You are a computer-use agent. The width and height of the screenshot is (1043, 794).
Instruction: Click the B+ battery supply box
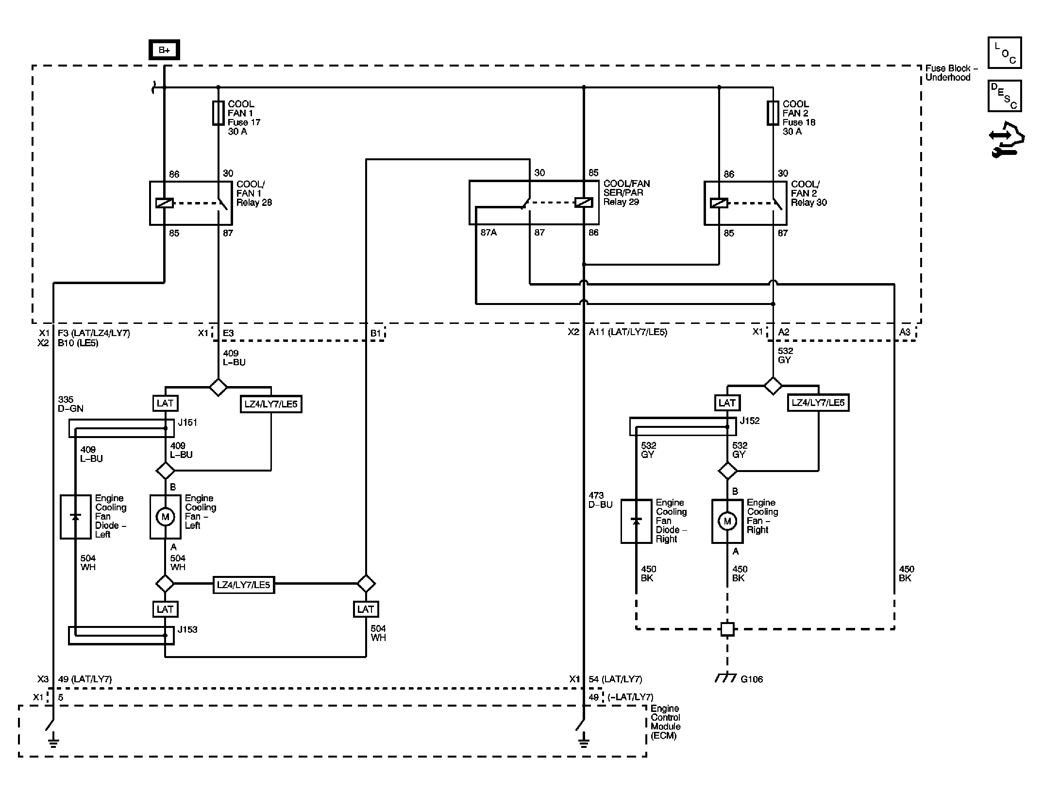pos(165,50)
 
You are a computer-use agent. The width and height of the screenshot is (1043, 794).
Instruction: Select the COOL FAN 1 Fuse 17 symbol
pos(218,113)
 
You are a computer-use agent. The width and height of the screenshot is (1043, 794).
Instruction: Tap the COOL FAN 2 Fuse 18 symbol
pos(773,113)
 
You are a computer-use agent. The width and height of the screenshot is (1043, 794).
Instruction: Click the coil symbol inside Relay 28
pos(165,203)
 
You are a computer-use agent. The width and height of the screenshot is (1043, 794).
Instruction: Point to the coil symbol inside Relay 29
pos(584,203)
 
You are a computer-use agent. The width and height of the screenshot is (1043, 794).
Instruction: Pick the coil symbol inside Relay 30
pos(719,203)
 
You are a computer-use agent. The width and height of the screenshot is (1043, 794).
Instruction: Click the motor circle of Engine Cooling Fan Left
pos(165,517)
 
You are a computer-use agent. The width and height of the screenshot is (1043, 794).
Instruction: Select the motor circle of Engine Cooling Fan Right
pos(727,521)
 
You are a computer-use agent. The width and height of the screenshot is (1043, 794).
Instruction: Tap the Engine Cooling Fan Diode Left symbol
pos(75,517)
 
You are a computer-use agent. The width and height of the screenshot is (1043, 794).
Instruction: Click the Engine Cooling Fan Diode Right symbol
pos(636,521)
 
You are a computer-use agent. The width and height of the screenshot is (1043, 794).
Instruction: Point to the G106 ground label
pos(752,679)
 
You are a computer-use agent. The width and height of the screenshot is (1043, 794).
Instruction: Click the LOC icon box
pos(1005,53)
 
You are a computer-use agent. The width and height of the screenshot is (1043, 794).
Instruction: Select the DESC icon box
pos(1005,96)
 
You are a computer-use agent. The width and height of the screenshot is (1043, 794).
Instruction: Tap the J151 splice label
pos(187,422)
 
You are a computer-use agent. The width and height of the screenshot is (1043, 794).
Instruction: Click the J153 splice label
pos(187,629)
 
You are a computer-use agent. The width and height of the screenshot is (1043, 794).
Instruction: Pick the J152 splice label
pos(750,421)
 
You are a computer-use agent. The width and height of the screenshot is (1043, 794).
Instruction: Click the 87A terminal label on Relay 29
pos(488,233)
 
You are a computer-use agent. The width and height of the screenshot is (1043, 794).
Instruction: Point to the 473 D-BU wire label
pos(601,500)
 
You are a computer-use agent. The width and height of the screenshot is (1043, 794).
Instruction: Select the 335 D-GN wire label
pos(70,404)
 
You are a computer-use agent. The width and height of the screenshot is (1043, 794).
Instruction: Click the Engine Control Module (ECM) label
pos(666,722)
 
